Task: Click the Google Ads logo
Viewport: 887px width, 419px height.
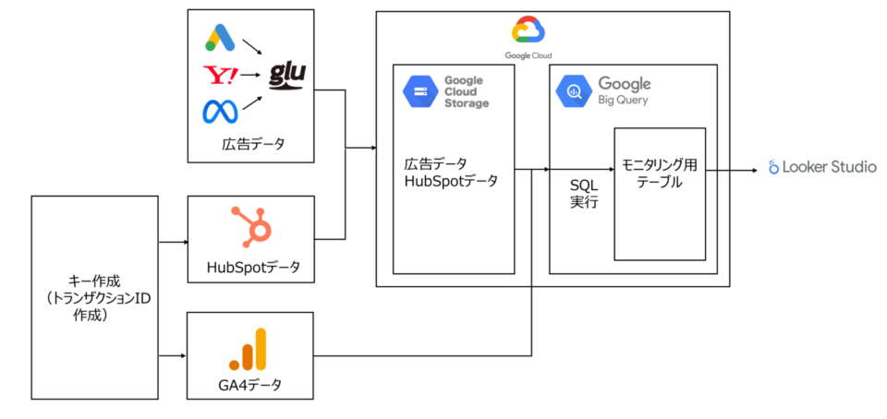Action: click(x=217, y=37)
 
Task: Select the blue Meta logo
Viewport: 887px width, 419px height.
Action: click(x=220, y=112)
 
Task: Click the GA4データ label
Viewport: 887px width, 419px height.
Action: click(x=252, y=386)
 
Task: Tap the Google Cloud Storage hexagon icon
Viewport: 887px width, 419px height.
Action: click(x=419, y=92)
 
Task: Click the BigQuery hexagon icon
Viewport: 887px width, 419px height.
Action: click(x=574, y=91)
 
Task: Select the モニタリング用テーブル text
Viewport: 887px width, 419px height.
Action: click(x=660, y=174)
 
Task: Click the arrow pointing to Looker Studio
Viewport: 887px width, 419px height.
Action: click(x=739, y=170)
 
